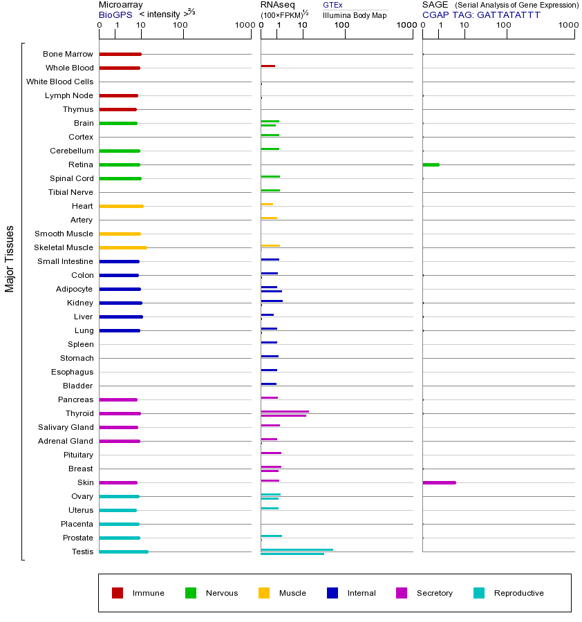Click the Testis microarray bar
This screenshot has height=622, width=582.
[x=124, y=552]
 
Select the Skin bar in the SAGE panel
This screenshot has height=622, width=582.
[x=439, y=482]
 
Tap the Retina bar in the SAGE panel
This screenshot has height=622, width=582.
[x=431, y=164]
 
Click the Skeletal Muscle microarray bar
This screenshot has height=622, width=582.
[x=123, y=247]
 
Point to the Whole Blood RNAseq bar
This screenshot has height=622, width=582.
[x=267, y=66]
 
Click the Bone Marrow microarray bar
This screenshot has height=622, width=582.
[x=120, y=54]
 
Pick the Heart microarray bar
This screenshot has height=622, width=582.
[x=121, y=206]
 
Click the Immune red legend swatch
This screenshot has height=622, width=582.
[x=118, y=593]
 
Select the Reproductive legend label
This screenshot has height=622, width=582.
[x=518, y=593]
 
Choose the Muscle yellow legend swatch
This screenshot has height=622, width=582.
[x=264, y=593]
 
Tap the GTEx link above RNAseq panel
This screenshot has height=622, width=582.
[x=332, y=5]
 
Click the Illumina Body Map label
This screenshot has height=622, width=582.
[x=355, y=15]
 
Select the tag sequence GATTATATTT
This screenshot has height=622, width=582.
[x=509, y=14]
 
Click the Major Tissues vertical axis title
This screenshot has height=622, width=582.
[x=10, y=258]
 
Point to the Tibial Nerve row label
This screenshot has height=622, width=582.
[x=71, y=192]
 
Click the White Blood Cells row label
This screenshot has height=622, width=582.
[x=59, y=82]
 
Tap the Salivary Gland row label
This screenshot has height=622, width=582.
[x=66, y=427]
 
